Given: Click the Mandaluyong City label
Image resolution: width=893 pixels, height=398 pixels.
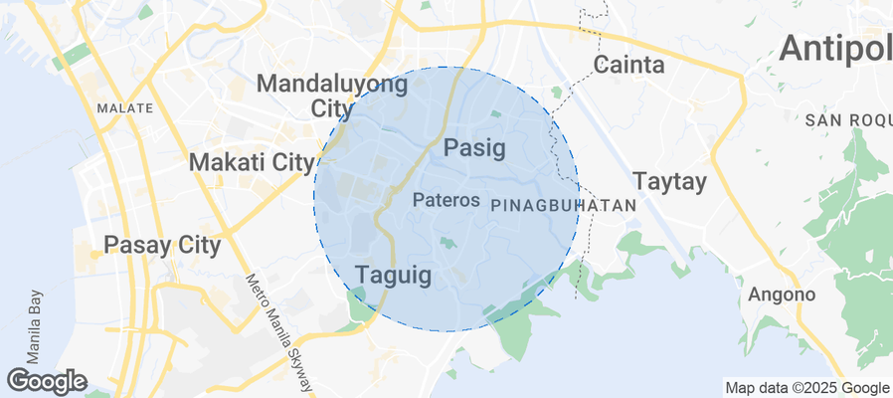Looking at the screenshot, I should coord(332,96).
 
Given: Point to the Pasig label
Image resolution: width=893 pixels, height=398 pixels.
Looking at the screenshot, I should coord(474,148).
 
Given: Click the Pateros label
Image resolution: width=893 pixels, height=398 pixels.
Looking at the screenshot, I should coord(446,200).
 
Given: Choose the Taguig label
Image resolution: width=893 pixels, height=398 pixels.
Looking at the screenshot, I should coord(394,275).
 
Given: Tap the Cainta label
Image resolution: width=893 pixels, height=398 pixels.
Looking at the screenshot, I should coord(629,66).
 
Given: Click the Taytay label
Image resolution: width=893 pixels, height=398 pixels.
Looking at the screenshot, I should coord(669,182).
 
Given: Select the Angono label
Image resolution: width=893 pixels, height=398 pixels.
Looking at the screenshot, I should coord(782,295).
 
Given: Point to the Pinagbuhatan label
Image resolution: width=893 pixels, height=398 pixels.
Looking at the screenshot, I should coord(563,204).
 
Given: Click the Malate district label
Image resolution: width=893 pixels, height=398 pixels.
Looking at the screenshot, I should coord(125,107).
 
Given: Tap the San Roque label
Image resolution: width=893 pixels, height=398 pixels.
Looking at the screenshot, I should coord(848,120).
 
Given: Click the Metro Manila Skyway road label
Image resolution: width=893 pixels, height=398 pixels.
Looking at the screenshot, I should coord(280,333).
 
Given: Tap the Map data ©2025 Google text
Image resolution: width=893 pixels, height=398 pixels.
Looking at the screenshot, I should coord(806,388).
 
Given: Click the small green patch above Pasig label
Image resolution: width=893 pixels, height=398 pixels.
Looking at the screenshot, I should coord(496,115).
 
